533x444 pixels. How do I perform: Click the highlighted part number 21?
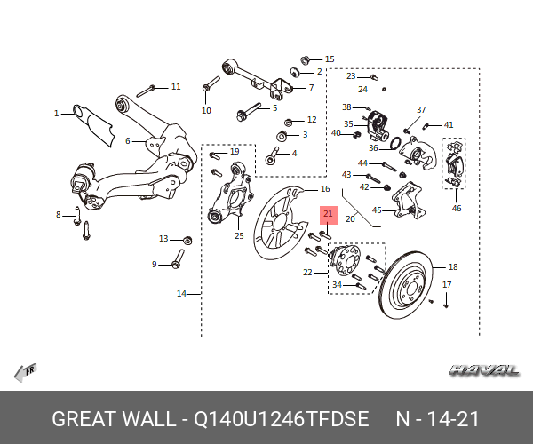[x=328, y=214]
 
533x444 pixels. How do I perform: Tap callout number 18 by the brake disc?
[x=453, y=267]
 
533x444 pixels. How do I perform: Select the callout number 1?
[x=56, y=114]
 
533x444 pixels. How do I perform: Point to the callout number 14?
[x=182, y=294]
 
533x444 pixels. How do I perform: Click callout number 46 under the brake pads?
[x=457, y=209]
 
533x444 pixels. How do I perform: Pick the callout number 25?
[x=128, y=141]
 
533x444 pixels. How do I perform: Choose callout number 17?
[x=447, y=285]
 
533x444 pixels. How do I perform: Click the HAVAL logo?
[x=485, y=369]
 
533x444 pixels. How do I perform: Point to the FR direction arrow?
[x=24, y=372]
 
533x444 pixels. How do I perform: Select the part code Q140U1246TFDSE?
[x=282, y=418]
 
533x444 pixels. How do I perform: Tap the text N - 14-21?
[x=437, y=418]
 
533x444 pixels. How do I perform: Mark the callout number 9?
[x=155, y=265]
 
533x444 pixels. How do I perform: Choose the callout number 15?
[x=330, y=59]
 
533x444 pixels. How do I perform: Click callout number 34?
[x=337, y=285]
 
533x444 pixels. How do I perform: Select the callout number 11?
[x=176, y=87]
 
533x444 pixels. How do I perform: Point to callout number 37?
[x=421, y=109]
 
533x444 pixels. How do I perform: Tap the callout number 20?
[x=350, y=218]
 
